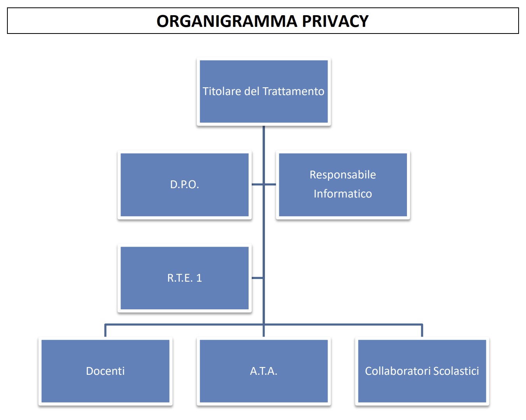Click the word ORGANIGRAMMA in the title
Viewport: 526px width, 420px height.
(227, 21)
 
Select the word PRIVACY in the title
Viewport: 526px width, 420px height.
(335, 21)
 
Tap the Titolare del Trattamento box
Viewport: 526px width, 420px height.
(263, 92)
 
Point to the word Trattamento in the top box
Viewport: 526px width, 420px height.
(293, 91)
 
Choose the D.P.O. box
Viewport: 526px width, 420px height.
(184, 185)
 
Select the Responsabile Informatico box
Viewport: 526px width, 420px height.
(343, 185)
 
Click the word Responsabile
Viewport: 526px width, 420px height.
(343, 175)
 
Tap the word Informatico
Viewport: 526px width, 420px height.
(343, 194)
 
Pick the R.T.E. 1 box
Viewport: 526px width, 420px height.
(184, 278)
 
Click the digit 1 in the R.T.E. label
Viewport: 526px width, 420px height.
(199, 278)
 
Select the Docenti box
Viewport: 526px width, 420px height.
(105, 371)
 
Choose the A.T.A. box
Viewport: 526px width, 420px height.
(263, 371)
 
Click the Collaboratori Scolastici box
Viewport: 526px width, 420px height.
(422, 371)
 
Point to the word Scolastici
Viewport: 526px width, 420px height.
(456, 371)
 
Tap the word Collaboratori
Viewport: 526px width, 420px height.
(398, 371)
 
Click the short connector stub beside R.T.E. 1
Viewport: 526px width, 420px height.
(258, 278)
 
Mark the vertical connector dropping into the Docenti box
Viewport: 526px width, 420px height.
(105, 331)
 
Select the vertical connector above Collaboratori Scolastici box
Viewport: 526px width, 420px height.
(422, 331)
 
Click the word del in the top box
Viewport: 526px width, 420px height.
(252, 91)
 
